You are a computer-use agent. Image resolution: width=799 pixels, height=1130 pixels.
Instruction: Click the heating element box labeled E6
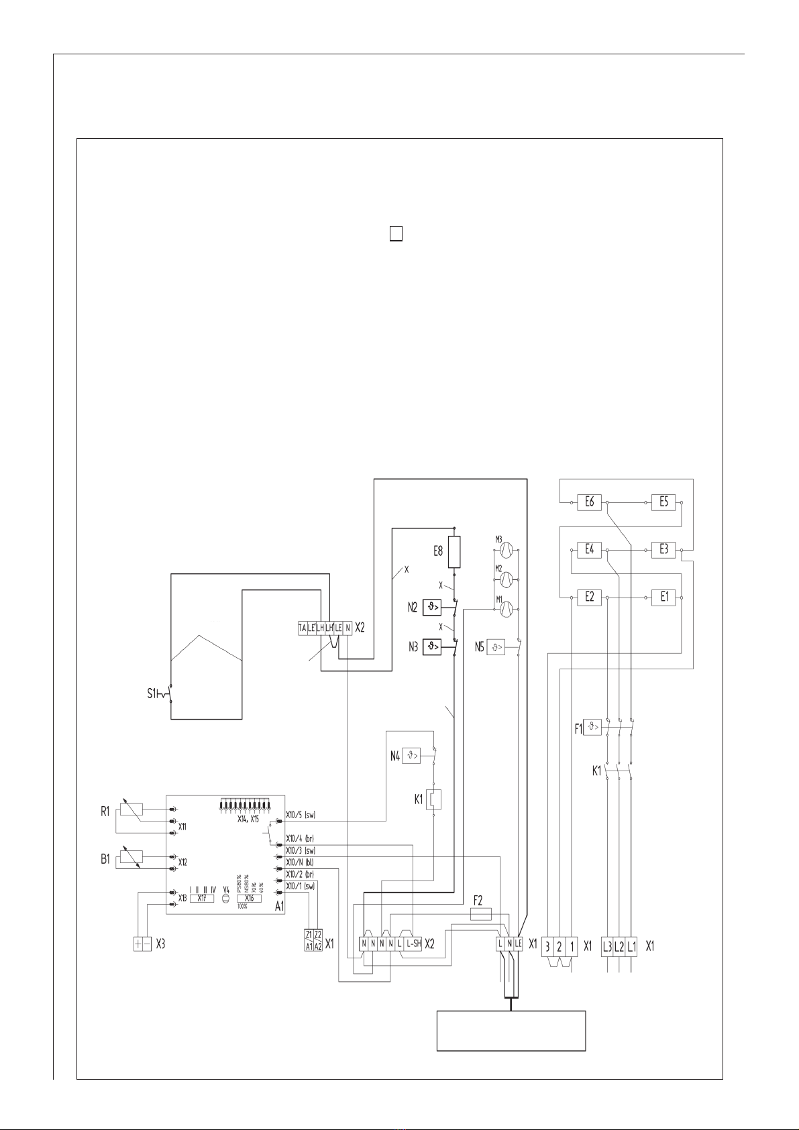point(590,502)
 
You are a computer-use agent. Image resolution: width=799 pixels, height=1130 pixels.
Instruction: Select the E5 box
point(663,502)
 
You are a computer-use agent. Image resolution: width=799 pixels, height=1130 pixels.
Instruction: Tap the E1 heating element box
point(664,596)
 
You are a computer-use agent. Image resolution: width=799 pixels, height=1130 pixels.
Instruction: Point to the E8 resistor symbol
point(454,552)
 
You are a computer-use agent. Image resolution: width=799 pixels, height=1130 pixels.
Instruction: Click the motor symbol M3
point(507,550)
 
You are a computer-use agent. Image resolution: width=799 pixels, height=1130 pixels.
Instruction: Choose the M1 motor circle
point(507,608)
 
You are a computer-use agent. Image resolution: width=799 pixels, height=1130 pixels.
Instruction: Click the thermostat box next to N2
point(432,608)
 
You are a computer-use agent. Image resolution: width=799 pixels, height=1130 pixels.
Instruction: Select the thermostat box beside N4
point(411,756)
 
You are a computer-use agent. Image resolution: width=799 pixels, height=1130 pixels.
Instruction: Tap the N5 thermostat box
point(496,648)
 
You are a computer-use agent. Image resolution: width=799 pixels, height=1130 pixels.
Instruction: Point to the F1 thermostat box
point(592,726)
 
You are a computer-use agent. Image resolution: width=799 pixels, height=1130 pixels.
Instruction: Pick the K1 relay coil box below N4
point(435,799)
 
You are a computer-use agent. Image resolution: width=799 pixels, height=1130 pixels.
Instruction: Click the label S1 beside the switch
point(152,693)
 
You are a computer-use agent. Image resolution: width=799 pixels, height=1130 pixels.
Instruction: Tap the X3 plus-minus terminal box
point(142,944)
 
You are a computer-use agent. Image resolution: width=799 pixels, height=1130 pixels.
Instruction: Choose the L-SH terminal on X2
point(413,944)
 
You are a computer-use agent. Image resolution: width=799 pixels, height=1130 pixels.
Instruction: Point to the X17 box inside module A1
point(201,898)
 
